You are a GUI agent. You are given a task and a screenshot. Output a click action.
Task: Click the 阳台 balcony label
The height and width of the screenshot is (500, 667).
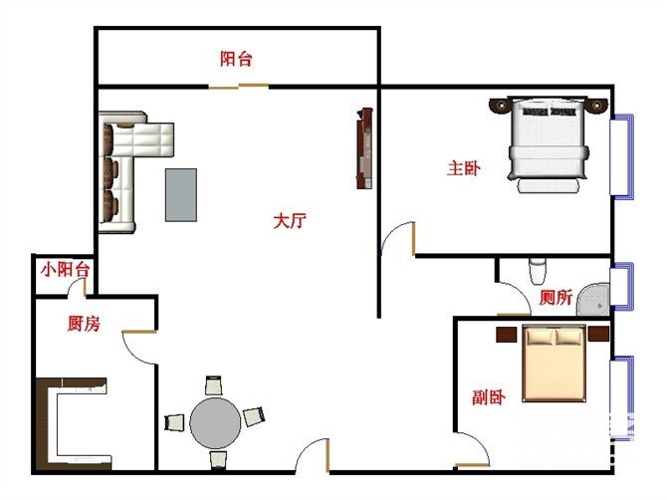coord(236,59)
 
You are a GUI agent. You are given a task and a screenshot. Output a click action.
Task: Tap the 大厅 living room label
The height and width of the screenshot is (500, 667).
coord(290,221)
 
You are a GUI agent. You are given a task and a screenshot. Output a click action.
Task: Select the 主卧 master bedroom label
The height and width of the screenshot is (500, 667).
coord(464,168)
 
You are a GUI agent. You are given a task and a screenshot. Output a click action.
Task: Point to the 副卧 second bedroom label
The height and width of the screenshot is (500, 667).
coord(489,397)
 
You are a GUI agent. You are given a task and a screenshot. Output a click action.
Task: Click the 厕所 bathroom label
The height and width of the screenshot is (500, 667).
coord(556,297)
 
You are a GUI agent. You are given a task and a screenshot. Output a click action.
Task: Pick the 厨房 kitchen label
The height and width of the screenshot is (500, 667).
coord(84,324)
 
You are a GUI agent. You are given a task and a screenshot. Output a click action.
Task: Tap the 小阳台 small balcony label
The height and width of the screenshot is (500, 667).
coord(65,269)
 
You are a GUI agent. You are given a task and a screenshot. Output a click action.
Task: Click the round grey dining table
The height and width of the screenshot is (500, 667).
coord(215,423)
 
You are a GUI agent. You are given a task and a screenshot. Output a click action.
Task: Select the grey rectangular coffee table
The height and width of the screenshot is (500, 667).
coord(181,195)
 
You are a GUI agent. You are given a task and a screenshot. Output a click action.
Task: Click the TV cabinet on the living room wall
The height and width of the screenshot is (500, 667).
coord(364,148)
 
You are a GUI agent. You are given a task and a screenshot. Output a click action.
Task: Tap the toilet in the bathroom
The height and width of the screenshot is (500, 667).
coord(538,271)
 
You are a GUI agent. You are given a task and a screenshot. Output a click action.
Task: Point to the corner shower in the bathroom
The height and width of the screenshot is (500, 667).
coord(593,299)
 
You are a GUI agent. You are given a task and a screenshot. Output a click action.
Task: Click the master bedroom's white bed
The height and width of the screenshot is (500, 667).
coord(549,144)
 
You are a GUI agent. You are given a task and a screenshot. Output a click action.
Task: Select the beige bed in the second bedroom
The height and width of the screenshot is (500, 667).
coord(555,364)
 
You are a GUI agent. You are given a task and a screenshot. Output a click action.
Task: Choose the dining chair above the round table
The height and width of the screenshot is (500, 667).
coord(214,384)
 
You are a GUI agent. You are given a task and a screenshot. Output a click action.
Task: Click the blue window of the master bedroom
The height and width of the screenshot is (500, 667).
coord(622,156)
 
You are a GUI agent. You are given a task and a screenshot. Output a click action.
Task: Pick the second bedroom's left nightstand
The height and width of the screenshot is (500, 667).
coord(506,334)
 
